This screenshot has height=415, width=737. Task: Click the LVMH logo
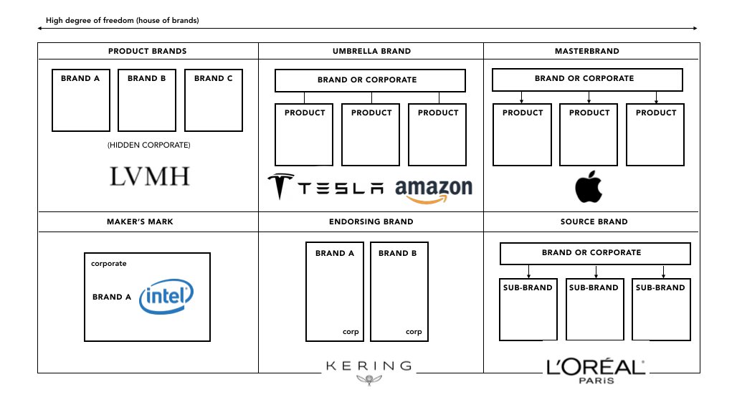point(150,176)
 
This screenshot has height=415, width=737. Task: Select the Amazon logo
point(434,189)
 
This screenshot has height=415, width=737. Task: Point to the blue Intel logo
point(166,297)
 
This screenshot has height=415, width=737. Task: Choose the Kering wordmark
point(369,366)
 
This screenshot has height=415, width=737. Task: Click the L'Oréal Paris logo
point(595,371)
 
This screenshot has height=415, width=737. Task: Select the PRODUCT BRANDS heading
point(147,52)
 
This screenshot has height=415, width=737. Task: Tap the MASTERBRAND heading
point(587,52)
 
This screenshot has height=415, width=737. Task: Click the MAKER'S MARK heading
point(140,221)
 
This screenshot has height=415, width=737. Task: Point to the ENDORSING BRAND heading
point(371,221)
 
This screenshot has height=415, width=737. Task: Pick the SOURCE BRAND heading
point(594,221)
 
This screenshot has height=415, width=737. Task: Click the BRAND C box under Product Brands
point(214,100)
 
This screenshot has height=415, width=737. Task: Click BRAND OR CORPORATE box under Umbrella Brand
point(370,80)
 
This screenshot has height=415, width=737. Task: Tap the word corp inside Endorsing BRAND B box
point(414,332)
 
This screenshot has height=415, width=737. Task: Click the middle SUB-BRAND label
point(594,287)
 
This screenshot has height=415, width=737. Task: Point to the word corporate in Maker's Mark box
point(109,264)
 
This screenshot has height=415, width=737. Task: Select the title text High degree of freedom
point(123,21)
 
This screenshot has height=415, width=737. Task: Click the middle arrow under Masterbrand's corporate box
point(589,97)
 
